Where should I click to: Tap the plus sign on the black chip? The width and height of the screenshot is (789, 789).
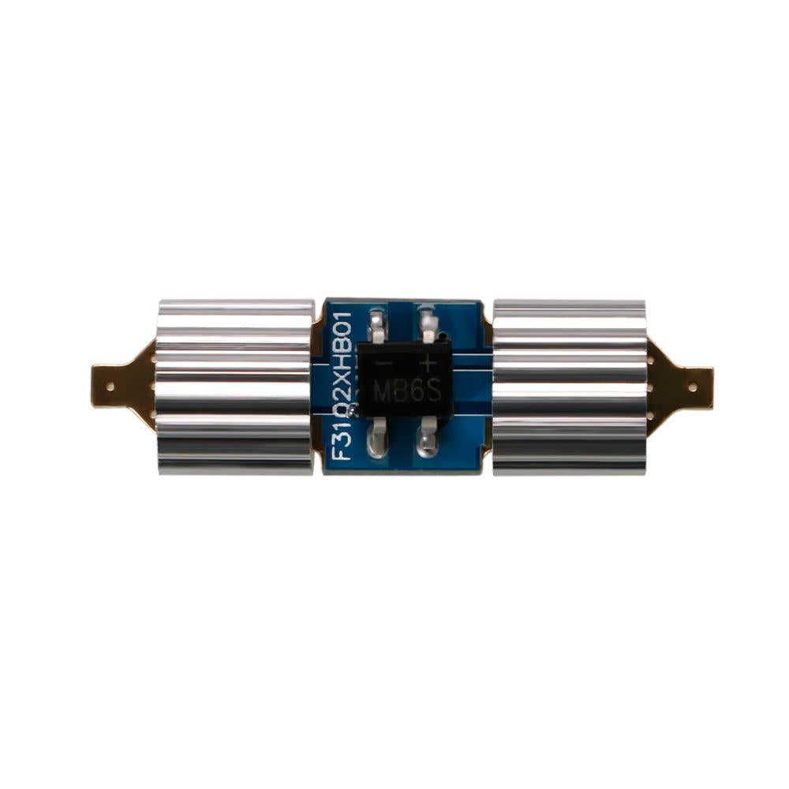(428, 364)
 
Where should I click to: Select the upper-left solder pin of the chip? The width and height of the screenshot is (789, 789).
(377, 324)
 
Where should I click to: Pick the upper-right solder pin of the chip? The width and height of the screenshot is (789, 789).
(428, 323)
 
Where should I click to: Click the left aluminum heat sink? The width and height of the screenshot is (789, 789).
(234, 387)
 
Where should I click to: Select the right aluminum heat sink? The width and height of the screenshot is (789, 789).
(569, 387)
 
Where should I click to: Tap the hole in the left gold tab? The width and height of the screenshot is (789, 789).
(110, 386)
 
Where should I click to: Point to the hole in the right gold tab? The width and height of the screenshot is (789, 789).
(693, 387)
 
